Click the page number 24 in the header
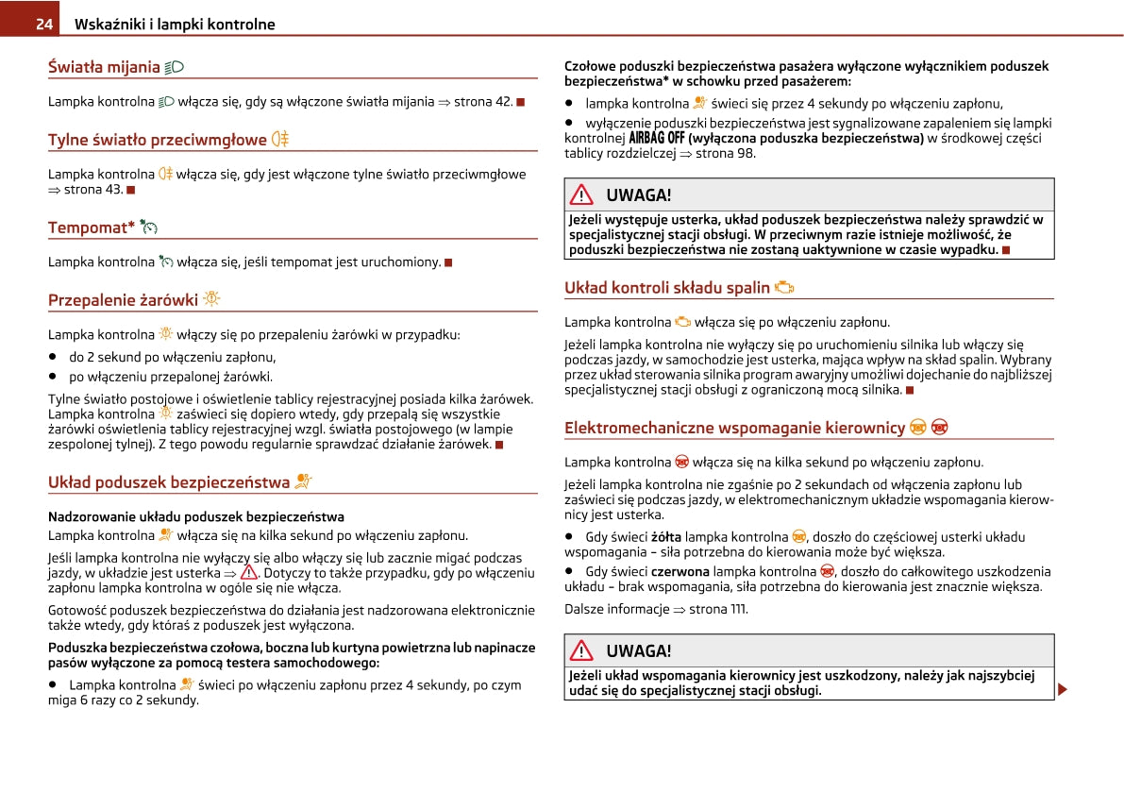click(43, 25)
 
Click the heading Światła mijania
click(104, 67)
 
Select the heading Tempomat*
click(92, 228)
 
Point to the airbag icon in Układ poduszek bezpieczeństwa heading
click(303, 482)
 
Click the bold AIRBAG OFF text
click(657, 139)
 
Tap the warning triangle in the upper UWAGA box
click(583, 195)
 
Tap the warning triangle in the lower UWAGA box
click(583, 650)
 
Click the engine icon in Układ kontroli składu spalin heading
click(784, 288)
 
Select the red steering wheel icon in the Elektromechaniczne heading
click(939, 429)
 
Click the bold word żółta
click(666, 537)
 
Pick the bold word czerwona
click(679, 571)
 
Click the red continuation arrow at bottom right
click(1063, 690)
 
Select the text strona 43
click(92, 190)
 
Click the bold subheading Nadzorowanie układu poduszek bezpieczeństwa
click(195, 516)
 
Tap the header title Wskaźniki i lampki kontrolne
click(175, 25)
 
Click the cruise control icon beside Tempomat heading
click(149, 228)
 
